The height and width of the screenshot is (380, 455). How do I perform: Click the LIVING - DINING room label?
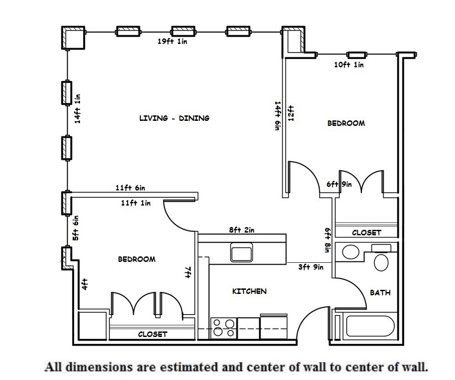[174, 118]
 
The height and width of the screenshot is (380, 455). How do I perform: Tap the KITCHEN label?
[249, 291]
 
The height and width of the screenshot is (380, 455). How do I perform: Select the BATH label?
[380, 293]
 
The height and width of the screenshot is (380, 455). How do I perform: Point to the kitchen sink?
[241, 253]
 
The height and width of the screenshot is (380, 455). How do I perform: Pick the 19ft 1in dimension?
[172, 42]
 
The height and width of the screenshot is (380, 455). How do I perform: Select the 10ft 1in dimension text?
[349, 65]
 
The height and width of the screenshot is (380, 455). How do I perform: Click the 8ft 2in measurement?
[241, 230]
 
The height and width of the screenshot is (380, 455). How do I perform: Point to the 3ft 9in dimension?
[311, 267]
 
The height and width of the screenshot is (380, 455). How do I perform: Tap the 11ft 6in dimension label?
[130, 188]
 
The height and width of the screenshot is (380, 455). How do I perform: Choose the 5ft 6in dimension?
[76, 228]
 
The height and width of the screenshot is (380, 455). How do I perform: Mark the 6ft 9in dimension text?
[339, 184]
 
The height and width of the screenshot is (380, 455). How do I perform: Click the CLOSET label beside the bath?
[366, 233]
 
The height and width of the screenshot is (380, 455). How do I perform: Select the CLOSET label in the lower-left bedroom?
[153, 334]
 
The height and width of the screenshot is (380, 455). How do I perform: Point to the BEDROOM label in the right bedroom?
[346, 123]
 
